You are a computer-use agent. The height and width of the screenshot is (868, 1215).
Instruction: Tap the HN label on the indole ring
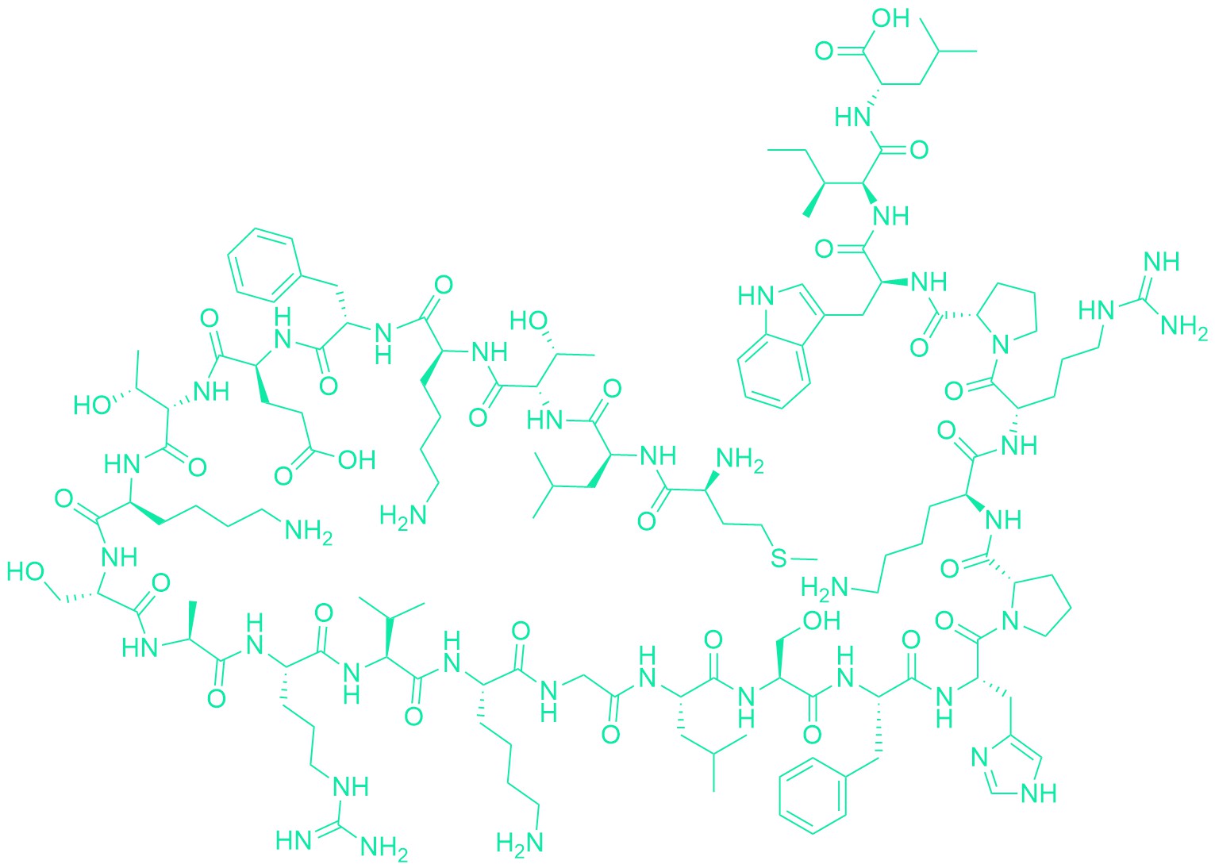pyautogui.click(x=756, y=297)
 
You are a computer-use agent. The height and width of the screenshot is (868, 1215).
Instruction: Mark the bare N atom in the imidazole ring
pyautogui.click(x=979, y=758)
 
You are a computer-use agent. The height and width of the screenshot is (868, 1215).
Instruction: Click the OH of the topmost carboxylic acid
pyautogui.click(x=890, y=18)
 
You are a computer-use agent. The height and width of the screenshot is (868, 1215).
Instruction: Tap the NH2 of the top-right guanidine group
pyautogui.click(x=1184, y=325)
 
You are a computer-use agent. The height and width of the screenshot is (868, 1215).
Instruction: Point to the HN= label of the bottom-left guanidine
pyautogui.click(x=294, y=840)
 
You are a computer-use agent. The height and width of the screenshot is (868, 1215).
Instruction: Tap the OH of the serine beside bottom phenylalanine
pyautogui.click(x=821, y=620)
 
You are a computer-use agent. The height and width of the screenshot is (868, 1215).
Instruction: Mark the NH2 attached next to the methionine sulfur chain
pyautogui.click(x=740, y=461)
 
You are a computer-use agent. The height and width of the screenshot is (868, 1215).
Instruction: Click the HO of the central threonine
pyautogui.click(x=529, y=321)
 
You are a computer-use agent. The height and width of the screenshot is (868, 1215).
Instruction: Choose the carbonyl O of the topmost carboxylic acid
pyautogui.click(x=825, y=52)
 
